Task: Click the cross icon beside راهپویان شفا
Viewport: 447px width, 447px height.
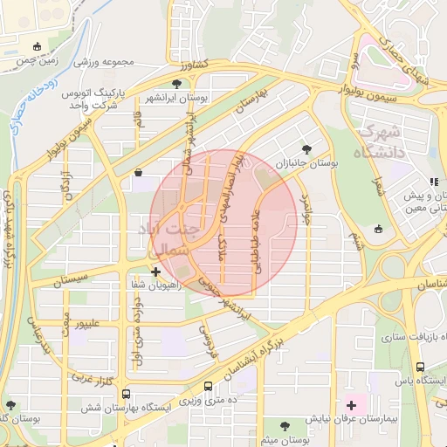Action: click(155, 272)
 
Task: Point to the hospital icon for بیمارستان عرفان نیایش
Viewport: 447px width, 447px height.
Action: click(352, 404)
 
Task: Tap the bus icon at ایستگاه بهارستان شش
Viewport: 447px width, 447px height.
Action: click(127, 394)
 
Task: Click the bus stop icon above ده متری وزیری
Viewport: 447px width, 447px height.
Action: click(208, 386)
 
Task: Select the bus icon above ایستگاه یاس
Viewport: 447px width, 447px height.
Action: click(421, 368)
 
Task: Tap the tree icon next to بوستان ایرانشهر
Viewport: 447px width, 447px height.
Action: click(177, 85)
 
